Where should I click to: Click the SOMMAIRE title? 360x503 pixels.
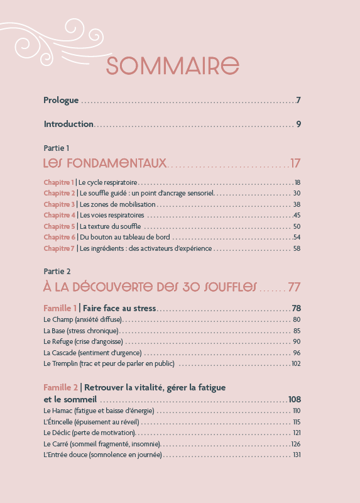[172, 65]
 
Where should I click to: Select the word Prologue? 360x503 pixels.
[61, 101]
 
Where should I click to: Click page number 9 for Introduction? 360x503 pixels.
[299, 124]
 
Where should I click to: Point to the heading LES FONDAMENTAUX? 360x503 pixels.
[105, 163]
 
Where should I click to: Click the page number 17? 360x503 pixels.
[295, 163]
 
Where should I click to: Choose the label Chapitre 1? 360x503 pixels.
[59, 182]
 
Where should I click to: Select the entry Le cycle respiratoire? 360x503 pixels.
[108, 182]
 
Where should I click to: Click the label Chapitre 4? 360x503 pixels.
[59, 215]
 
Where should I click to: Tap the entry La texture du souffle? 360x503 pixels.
[111, 226]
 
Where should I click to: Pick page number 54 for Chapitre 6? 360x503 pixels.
[297, 237]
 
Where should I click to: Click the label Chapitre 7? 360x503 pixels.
[59, 248]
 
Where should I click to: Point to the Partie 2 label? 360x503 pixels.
[57, 272]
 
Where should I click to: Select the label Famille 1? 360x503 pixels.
[60, 308]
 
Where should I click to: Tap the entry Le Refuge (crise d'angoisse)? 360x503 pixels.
[83, 341]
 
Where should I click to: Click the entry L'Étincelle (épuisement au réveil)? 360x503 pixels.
[91, 422]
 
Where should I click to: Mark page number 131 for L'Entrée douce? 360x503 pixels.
[297, 455]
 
